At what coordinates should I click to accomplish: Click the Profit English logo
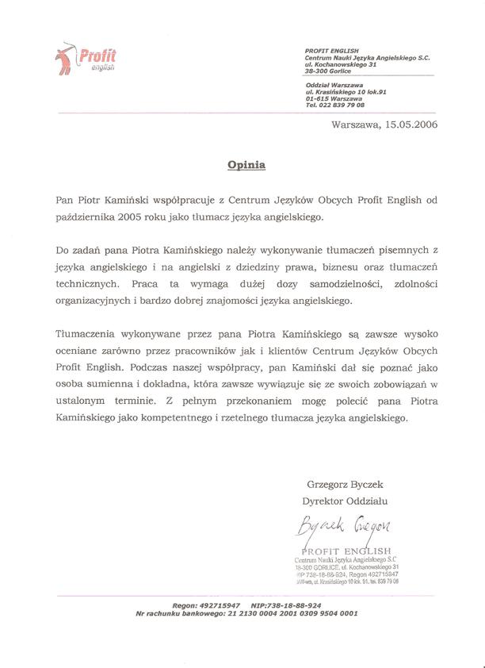87,57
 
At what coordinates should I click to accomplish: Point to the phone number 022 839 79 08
342,105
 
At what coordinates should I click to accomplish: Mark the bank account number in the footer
292,612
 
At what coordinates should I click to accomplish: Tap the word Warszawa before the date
355,125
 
